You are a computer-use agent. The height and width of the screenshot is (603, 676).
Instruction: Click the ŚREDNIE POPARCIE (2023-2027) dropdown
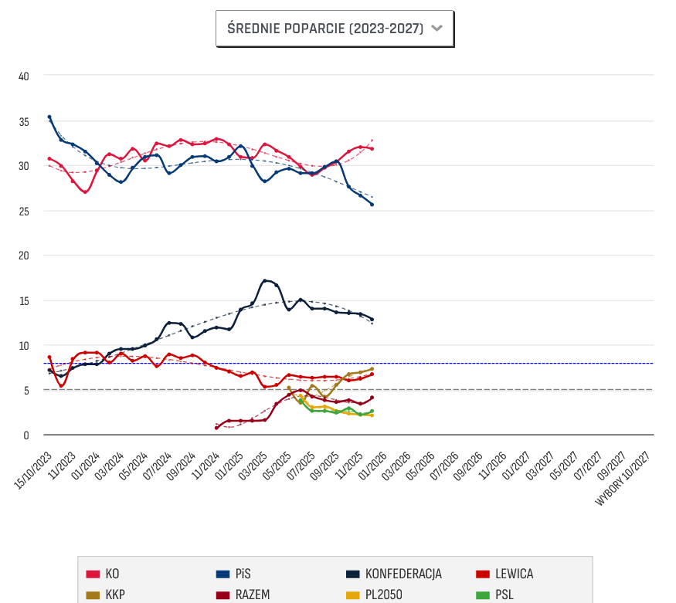tap(335, 29)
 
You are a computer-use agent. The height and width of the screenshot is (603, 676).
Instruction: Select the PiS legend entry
tap(233, 574)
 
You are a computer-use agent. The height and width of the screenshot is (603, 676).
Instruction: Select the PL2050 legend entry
tap(374, 595)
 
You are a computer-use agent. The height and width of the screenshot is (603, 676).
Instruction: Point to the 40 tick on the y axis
tap(24, 76)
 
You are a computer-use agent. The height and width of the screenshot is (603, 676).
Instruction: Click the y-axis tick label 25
tap(24, 211)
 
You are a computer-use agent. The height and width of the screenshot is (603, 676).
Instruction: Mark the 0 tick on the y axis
tap(26, 435)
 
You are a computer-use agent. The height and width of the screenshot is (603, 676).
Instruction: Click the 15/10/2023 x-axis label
tap(34, 469)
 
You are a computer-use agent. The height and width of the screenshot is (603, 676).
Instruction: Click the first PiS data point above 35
tap(49, 117)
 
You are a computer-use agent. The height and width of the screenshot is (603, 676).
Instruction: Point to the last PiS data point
tap(372, 205)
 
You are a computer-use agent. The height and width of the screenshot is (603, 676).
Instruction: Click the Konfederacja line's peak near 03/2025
tap(265, 281)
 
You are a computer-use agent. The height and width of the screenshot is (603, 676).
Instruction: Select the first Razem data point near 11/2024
tap(217, 427)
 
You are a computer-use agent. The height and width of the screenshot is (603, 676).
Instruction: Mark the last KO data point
tap(372, 148)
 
